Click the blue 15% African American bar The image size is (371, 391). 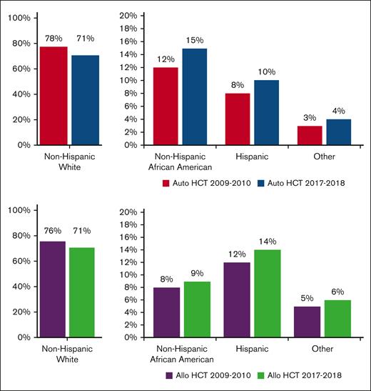pyautogui.click(x=194, y=96)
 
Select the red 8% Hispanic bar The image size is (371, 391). pyautogui.click(x=238, y=119)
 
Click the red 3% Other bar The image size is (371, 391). pyautogui.click(x=309, y=135)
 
